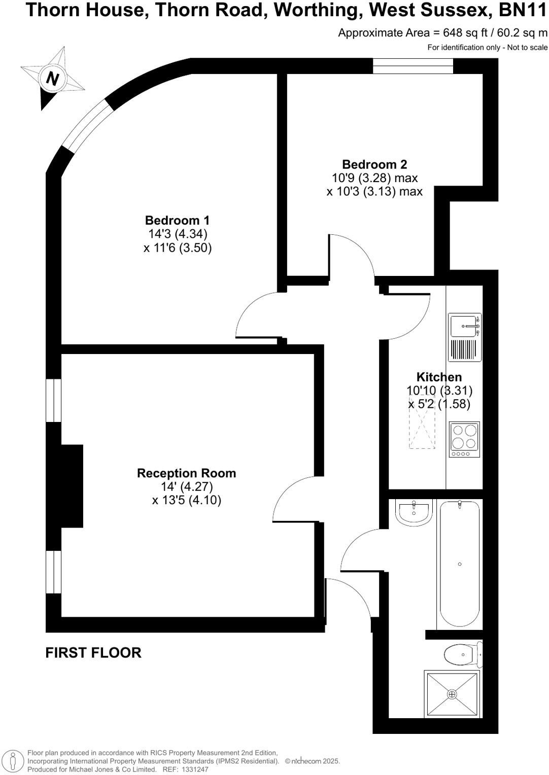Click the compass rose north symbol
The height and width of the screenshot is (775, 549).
[52, 78]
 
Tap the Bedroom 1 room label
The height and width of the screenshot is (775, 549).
[177, 221]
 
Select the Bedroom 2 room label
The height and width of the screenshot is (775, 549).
[374, 165]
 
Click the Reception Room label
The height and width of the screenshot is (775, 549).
[186, 473]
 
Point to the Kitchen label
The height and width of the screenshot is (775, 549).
[439, 377]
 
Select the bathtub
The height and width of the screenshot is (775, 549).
[459, 563]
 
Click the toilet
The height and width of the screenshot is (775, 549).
[463, 654]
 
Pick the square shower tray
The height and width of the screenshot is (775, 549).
[452, 694]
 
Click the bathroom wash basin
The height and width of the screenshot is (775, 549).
[414, 511]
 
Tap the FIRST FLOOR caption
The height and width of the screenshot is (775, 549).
[93, 653]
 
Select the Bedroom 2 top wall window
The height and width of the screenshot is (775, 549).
[413, 66]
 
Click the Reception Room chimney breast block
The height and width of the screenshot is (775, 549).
[71, 486]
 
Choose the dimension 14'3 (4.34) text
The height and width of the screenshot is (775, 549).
[178, 234]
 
